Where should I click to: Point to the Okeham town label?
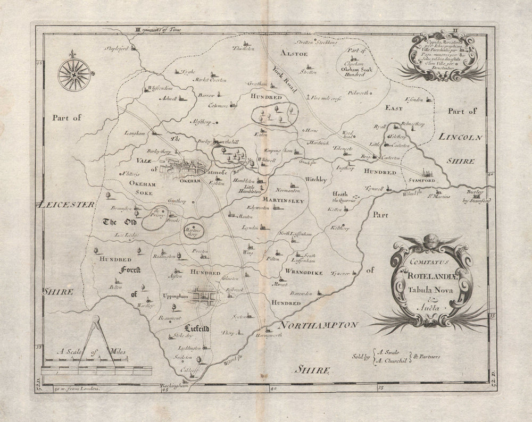[189, 181]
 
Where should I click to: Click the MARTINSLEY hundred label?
[282, 200]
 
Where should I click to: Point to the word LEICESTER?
[66, 203]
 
